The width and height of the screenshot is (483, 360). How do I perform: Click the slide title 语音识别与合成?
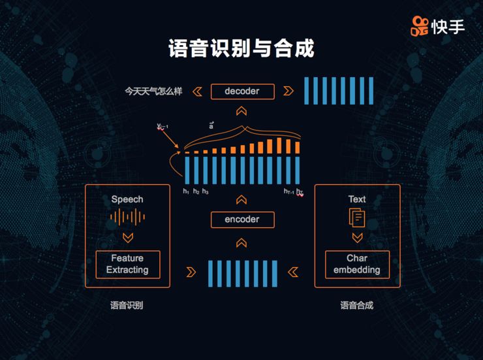tap(241, 49)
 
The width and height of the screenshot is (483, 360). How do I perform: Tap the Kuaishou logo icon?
tap(420, 26)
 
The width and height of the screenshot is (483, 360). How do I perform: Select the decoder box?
tap(242, 91)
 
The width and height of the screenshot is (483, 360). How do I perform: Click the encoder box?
tap(242, 220)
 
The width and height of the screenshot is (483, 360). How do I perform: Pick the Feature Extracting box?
tap(128, 265)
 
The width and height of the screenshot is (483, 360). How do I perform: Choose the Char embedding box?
tap(357, 265)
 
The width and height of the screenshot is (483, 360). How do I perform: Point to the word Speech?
tap(127, 199)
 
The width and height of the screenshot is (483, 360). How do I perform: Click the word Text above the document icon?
tap(357, 199)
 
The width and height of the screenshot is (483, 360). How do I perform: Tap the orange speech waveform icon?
tap(127, 218)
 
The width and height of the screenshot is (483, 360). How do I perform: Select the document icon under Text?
tap(357, 218)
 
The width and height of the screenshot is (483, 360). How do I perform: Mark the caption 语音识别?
tap(127, 305)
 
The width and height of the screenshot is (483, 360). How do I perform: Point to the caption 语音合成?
tap(357, 305)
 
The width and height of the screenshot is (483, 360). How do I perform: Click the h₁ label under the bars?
tap(186, 191)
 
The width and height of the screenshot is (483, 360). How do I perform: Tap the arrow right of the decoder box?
tap(288, 91)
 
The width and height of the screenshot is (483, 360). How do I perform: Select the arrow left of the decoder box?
tap(197, 91)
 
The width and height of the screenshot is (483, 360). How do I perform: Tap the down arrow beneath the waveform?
tap(127, 237)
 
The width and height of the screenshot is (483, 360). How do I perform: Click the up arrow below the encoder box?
tap(241, 242)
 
